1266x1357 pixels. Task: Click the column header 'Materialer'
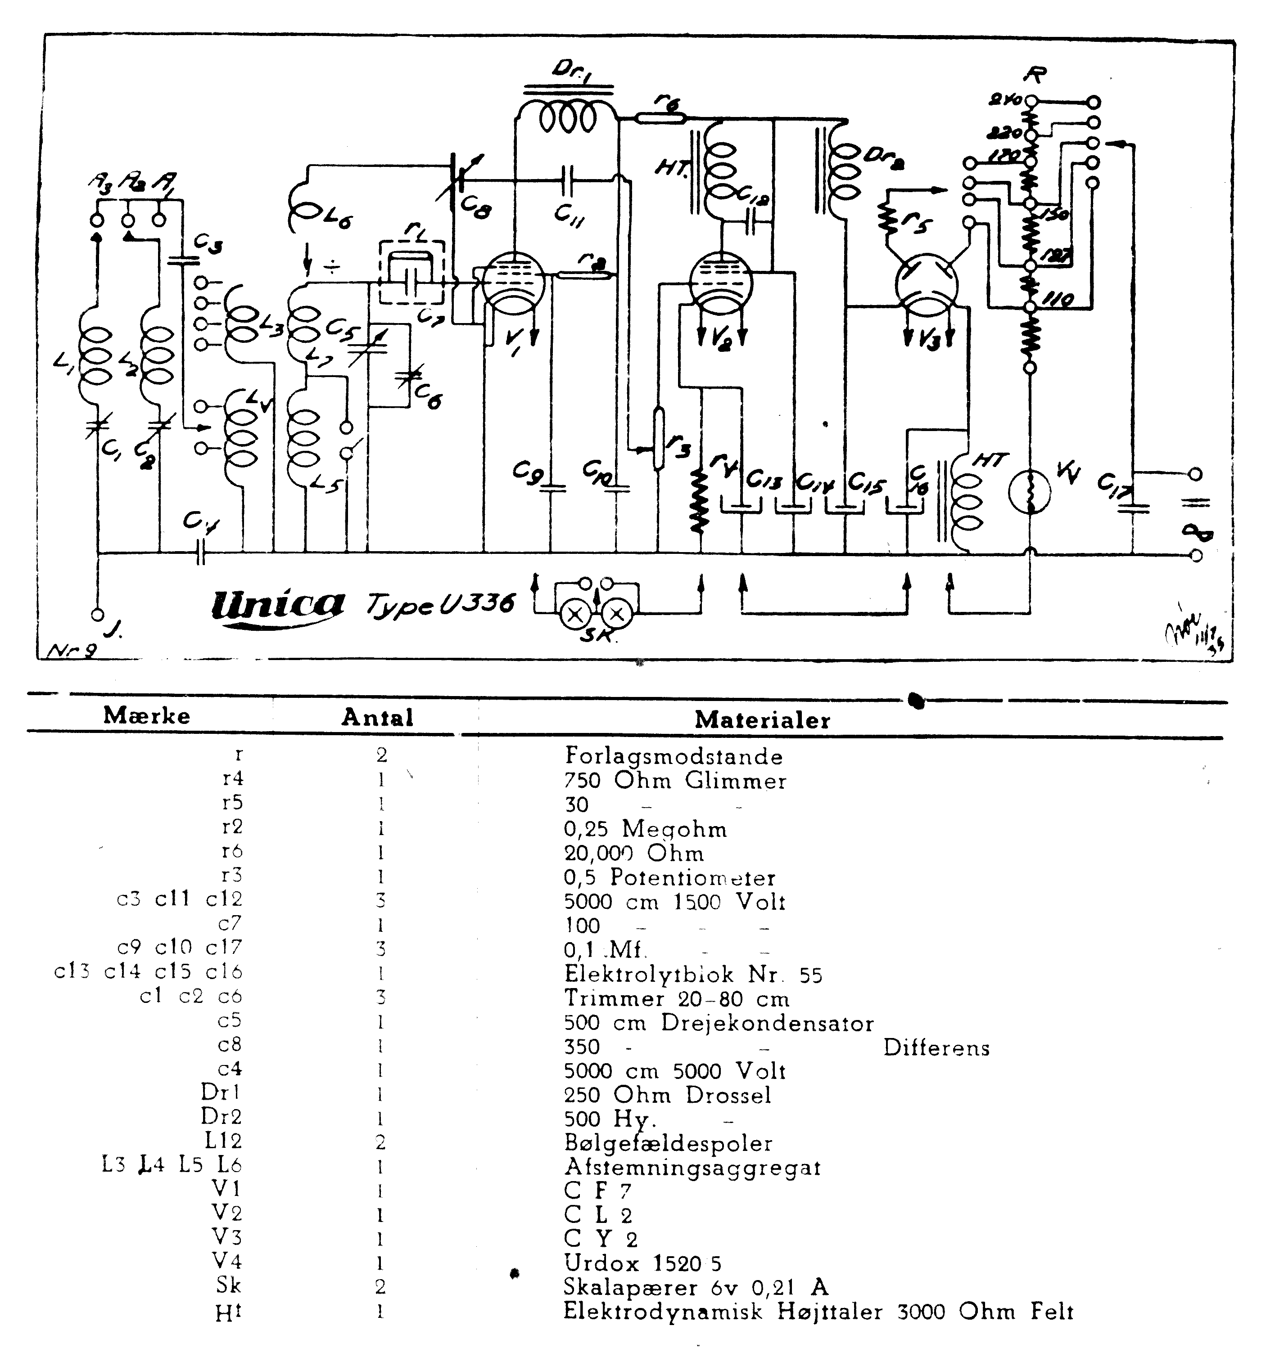pyautogui.click(x=762, y=719)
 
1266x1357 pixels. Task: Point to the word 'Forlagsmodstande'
pyautogui.click(x=673, y=755)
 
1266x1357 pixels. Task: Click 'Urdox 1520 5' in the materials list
pyautogui.click(x=642, y=1263)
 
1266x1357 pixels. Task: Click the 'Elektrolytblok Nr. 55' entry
pyautogui.click(x=692, y=974)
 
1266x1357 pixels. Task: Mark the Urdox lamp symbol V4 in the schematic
pyautogui.click(x=1030, y=491)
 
